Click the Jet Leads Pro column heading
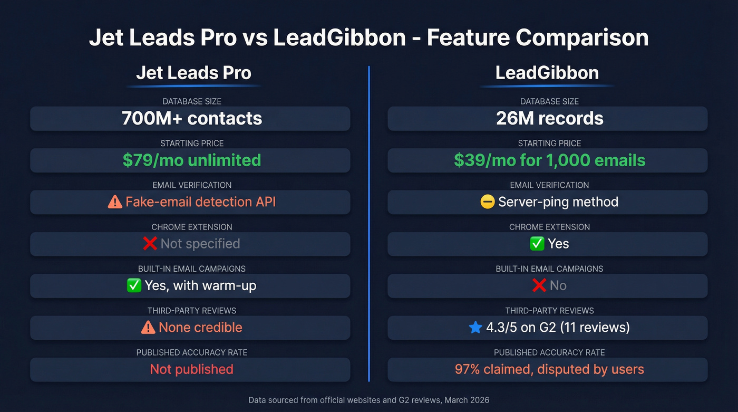tap(193, 73)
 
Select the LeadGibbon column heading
tap(547, 73)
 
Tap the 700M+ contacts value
tap(191, 119)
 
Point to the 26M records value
tap(549, 119)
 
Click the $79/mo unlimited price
tap(191, 160)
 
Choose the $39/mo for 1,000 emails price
tap(549, 160)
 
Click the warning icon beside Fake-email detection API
tap(114, 202)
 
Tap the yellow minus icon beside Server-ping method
tap(488, 202)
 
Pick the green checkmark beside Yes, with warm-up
tap(134, 285)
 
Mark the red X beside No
tap(539, 285)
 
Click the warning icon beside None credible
tap(148, 327)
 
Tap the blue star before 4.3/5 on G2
tap(475, 327)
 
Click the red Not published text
tap(191, 369)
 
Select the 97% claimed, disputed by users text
tap(549, 369)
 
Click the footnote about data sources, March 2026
tap(369, 399)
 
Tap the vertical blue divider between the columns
tap(369, 222)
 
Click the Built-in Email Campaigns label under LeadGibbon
tap(549, 269)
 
